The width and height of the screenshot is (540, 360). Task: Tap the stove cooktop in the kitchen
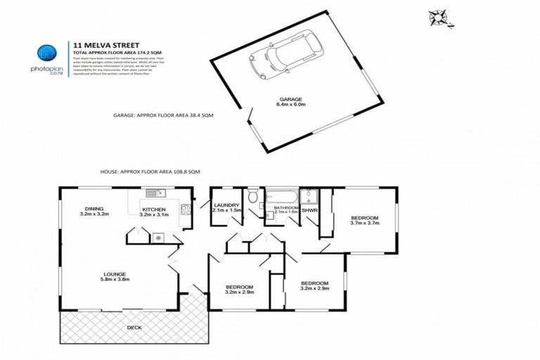[186, 209]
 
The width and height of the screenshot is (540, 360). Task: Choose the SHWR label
[309, 210]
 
